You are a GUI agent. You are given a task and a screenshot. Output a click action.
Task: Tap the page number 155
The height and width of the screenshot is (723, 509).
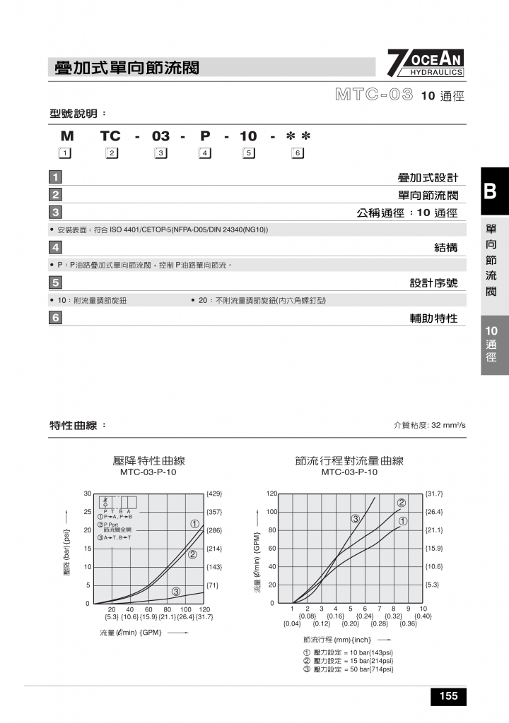click(x=448, y=696)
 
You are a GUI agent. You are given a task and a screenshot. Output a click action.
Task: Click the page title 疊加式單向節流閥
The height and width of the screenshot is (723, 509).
click(x=127, y=68)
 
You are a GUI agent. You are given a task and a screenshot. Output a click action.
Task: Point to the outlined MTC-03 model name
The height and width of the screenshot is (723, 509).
click(x=374, y=95)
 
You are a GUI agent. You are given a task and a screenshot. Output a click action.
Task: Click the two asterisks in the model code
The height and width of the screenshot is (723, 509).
click(x=298, y=136)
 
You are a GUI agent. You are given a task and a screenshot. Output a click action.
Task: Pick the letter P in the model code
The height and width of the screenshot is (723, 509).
click(x=206, y=136)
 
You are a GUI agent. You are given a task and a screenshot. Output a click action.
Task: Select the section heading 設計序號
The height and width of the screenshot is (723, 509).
click(x=433, y=282)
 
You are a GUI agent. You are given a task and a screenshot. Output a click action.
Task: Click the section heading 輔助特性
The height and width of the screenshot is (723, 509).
click(x=433, y=318)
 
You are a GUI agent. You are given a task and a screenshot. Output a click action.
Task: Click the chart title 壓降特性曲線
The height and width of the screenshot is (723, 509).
click(x=148, y=460)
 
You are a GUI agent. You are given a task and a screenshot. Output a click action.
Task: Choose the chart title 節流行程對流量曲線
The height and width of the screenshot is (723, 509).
click(x=349, y=460)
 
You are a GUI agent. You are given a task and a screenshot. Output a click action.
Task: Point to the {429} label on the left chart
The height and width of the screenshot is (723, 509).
click(x=215, y=494)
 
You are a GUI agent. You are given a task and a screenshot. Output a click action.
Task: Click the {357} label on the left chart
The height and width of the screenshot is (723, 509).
click(x=215, y=512)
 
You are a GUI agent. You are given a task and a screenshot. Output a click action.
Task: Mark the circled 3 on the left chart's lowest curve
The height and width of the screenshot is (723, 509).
click(x=176, y=591)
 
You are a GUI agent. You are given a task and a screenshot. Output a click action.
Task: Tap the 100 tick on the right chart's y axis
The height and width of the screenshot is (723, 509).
click(x=271, y=512)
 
